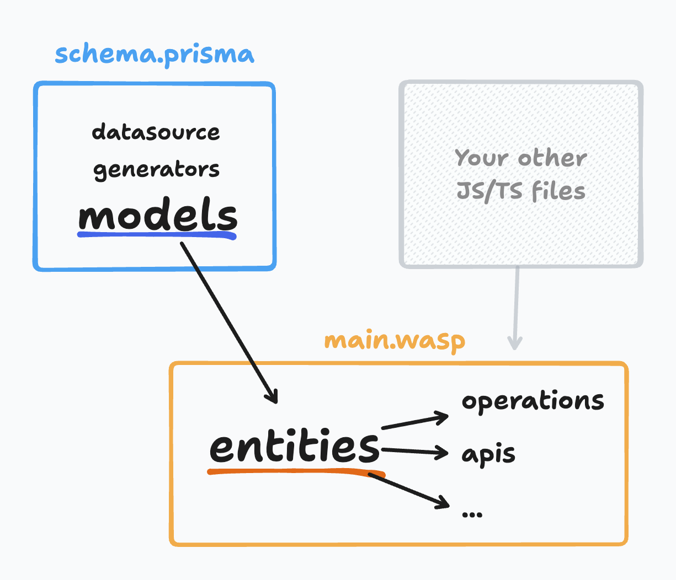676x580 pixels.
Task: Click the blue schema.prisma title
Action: coord(155,55)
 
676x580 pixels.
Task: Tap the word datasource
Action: coord(156,132)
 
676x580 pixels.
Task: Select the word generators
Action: coord(156,170)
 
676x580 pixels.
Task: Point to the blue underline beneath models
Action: coord(157,235)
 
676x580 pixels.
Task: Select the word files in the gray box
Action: coord(558,191)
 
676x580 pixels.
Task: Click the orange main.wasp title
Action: coord(395,341)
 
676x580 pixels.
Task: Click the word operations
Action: coord(533,401)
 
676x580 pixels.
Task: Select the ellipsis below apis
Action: coord(472,514)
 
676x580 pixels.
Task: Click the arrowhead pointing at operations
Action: coord(444,417)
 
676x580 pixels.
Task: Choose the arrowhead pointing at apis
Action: coord(443,453)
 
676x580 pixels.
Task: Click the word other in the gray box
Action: coord(552,158)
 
